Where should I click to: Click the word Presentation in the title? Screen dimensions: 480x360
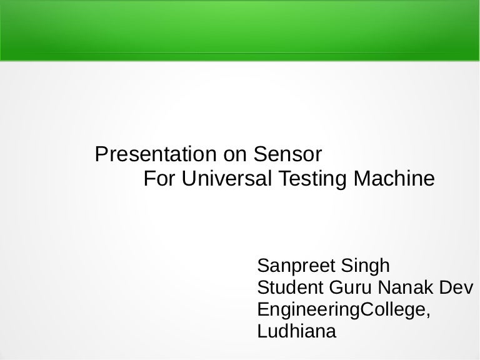(x=156, y=154)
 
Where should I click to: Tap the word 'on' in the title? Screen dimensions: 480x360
(x=235, y=156)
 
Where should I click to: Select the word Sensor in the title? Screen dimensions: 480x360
(x=287, y=154)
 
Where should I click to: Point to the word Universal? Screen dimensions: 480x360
(x=226, y=178)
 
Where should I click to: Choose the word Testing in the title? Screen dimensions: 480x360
(x=312, y=180)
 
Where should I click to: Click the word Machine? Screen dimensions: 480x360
(x=394, y=178)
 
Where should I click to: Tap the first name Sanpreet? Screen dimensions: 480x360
(x=296, y=266)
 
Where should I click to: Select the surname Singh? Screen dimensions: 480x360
(x=365, y=266)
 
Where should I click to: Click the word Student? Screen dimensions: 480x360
(x=290, y=287)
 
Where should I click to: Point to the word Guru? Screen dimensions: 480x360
(x=350, y=287)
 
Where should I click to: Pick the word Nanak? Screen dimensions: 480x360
(x=406, y=287)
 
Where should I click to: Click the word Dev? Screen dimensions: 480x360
(x=456, y=287)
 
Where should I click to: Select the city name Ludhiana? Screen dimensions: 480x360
(x=297, y=331)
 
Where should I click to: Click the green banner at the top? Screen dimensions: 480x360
(x=240, y=31)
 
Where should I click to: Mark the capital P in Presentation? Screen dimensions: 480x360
(x=101, y=154)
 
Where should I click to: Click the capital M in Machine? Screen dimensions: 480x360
(x=362, y=178)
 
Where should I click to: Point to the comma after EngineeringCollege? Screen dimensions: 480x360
(x=428, y=315)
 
